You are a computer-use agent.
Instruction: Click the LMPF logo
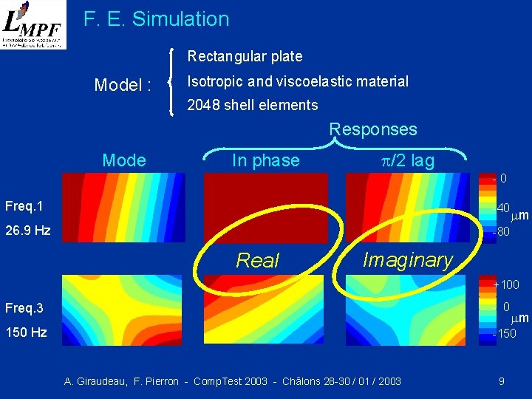click(x=33, y=25)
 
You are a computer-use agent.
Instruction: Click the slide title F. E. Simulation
click(x=157, y=19)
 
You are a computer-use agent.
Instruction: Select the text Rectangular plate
click(x=245, y=56)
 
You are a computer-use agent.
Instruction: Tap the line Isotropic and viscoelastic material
click(x=298, y=81)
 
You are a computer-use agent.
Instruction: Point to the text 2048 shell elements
click(x=253, y=105)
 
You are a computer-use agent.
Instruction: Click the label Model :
click(x=123, y=85)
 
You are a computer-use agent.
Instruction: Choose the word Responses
click(x=373, y=129)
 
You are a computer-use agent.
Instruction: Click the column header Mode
click(x=124, y=160)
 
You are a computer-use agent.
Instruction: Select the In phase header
click(x=265, y=160)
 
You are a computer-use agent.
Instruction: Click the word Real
click(x=257, y=260)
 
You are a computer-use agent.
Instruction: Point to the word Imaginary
click(x=407, y=259)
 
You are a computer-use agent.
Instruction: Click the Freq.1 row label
click(x=24, y=205)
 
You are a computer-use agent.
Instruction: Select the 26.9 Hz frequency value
click(x=27, y=231)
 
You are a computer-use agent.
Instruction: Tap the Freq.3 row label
click(x=24, y=307)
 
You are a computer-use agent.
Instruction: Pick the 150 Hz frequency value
click(x=27, y=332)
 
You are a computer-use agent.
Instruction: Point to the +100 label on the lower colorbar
click(x=507, y=284)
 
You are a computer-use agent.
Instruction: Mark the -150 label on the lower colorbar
click(x=505, y=333)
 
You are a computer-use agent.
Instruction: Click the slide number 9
click(x=502, y=381)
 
